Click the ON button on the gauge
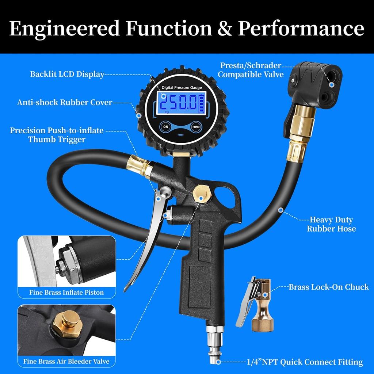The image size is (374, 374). coord(166,127)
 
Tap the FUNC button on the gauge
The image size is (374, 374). coord(196,127)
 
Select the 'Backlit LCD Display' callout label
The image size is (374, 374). coord(67,74)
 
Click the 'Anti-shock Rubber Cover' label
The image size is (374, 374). coord(65,102)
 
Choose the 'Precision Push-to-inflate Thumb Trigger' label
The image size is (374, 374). coord(57,135)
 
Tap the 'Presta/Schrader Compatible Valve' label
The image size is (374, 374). coord(251,70)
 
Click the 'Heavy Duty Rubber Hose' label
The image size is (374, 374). coord(331,224)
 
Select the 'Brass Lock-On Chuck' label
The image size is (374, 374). coord(329,287)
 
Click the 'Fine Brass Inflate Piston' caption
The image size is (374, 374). coord(66,292)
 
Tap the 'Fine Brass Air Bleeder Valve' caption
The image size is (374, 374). coord(66,362)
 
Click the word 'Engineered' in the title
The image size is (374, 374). coord(64,28)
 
